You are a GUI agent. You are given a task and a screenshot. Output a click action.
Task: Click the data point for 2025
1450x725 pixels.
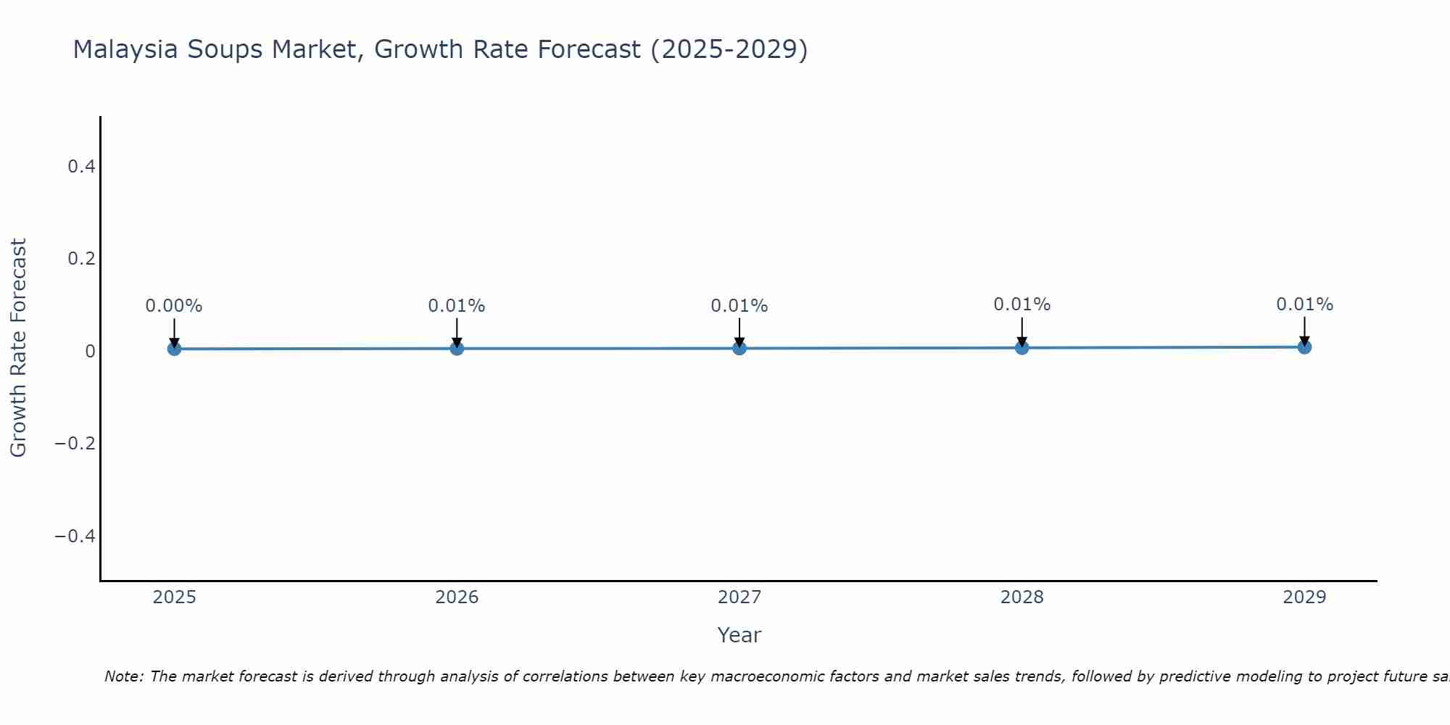pos(174,349)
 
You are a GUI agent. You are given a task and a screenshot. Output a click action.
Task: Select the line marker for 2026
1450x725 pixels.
pos(457,348)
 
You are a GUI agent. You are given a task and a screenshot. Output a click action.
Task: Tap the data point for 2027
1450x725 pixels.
pos(739,348)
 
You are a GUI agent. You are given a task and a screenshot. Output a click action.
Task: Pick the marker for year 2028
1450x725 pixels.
pos(1022,347)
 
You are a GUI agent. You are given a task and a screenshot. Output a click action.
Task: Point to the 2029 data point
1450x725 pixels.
pos(1304,347)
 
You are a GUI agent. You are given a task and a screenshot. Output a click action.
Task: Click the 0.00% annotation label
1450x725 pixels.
pos(174,306)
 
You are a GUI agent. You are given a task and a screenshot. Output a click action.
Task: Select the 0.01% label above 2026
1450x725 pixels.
pos(457,306)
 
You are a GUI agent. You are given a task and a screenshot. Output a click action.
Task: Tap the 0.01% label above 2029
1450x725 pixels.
pos(1304,304)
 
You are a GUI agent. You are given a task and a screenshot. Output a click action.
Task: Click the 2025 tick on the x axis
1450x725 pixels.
pos(175,597)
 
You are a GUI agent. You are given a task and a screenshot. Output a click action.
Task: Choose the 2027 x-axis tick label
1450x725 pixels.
pos(739,597)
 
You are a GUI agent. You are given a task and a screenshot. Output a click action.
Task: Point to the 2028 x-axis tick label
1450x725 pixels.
pos(1022,597)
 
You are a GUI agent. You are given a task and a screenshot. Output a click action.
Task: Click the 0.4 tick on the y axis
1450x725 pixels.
pos(81,167)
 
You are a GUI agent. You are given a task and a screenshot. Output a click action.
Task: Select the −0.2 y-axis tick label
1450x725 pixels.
pos(75,444)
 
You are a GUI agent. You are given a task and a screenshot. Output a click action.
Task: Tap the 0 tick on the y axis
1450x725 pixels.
pos(90,352)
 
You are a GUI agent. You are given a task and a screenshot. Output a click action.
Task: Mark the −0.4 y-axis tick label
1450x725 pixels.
pos(75,536)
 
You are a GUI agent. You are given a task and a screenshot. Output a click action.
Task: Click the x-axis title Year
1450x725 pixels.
pos(739,635)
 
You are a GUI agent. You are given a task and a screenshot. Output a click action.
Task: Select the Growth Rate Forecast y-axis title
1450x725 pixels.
pos(18,348)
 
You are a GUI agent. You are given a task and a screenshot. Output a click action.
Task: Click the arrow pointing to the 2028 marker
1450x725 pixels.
pos(1022,332)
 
